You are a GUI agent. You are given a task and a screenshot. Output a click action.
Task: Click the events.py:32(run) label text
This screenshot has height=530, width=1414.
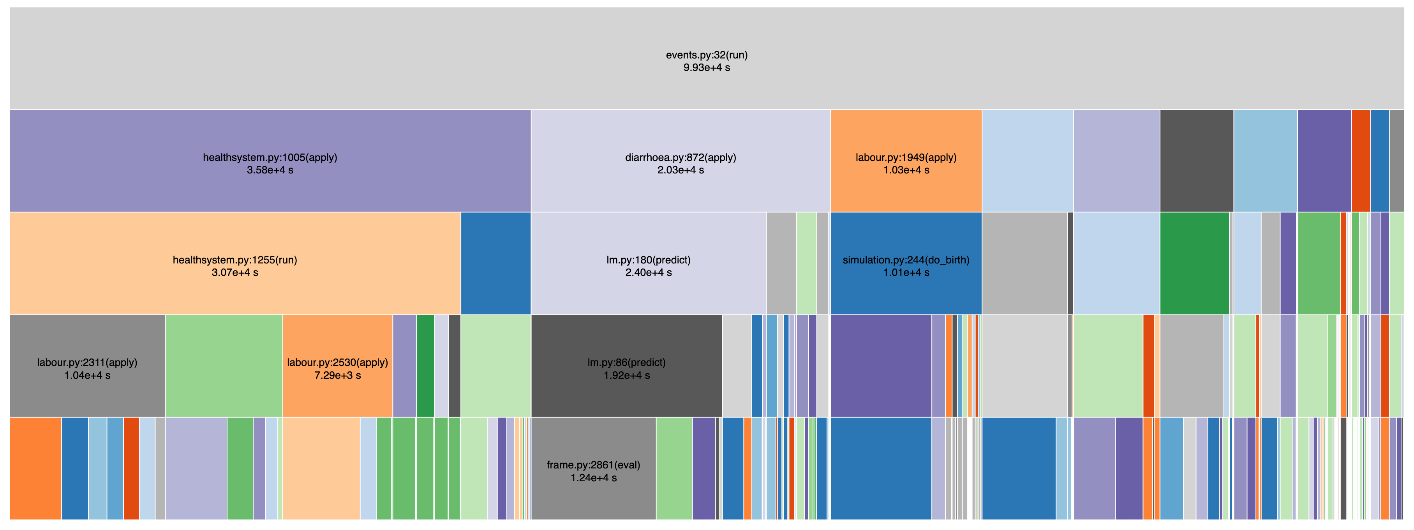click(707, 55)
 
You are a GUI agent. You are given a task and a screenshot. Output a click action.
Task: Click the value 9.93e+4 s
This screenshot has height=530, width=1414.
click(707, 67)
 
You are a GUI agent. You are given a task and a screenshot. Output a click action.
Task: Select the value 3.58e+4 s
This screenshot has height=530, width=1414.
click(270, 170)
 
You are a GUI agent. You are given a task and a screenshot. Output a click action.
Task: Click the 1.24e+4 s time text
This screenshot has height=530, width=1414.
click(593, 478)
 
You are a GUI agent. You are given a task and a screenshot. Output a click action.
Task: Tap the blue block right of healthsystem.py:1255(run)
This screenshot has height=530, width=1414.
click(495, 263)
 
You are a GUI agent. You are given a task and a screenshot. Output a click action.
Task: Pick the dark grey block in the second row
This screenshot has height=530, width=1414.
click(1197, 161)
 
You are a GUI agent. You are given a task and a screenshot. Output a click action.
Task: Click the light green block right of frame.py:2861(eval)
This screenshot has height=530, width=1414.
click(674, 468)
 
